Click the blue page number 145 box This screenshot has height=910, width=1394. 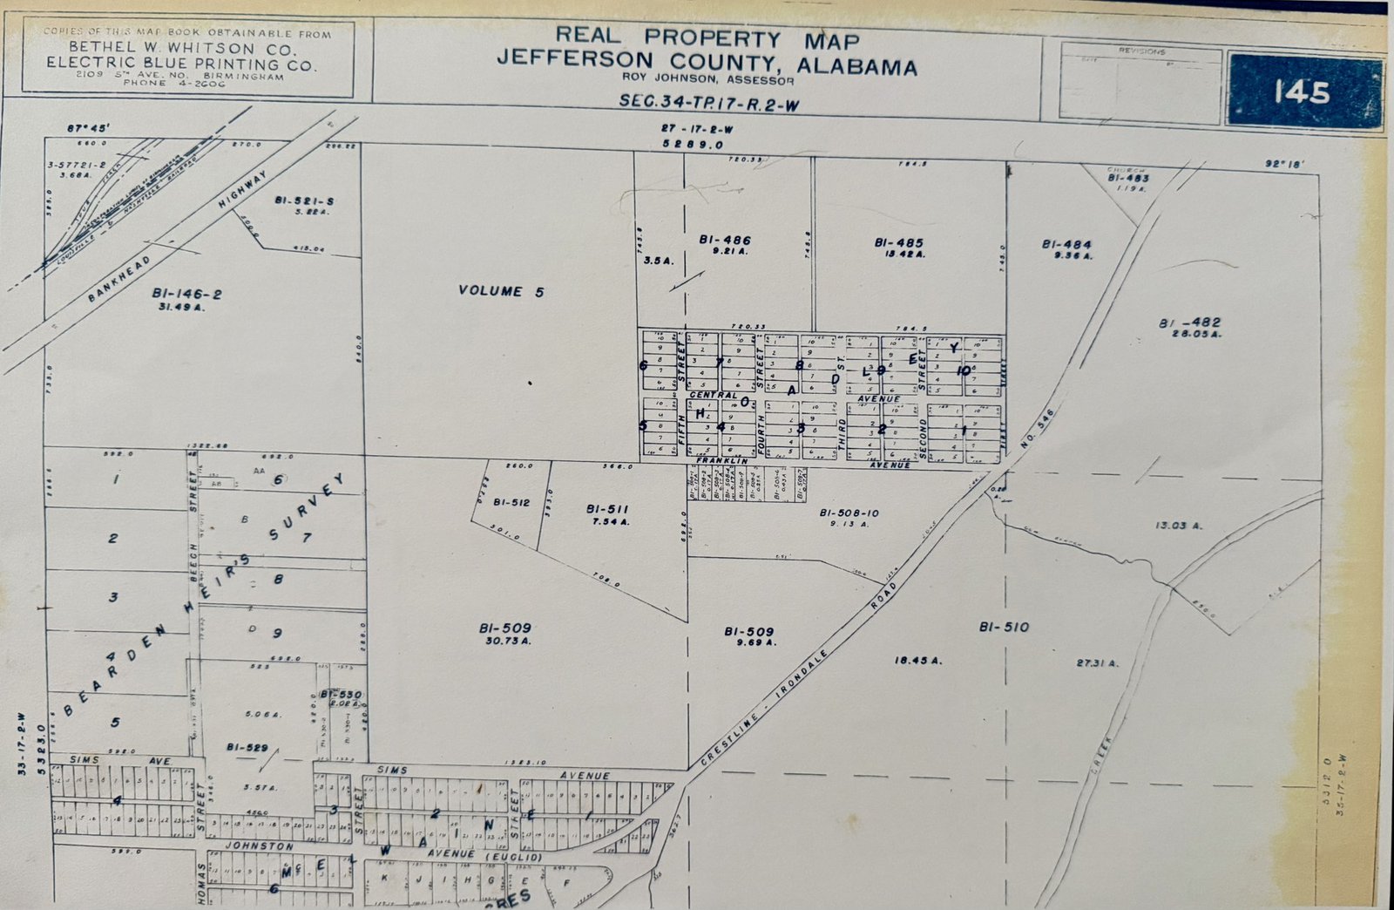[1303, 92]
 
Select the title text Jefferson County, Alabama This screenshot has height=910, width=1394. [707, 65]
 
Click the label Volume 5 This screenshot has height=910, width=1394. [501, 291]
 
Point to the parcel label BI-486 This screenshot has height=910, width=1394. [724, 241]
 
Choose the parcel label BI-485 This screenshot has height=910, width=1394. [898, 243]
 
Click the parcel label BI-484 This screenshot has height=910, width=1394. [1066, 246]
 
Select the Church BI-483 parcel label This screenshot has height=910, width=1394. [1128, 177]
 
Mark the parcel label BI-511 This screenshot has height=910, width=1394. [607, 509]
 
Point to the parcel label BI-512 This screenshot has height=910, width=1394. [511, 502]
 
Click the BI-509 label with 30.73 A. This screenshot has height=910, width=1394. [504, 628]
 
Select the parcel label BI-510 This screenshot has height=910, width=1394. [1004, 627]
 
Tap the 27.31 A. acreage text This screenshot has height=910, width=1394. [1097, 663]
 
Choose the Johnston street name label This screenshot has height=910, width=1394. [259, 846]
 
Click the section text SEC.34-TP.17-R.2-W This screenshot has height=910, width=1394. [708, 102]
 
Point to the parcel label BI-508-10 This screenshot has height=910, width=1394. [849, 513]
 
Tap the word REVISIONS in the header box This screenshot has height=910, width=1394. [1141, 51]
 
